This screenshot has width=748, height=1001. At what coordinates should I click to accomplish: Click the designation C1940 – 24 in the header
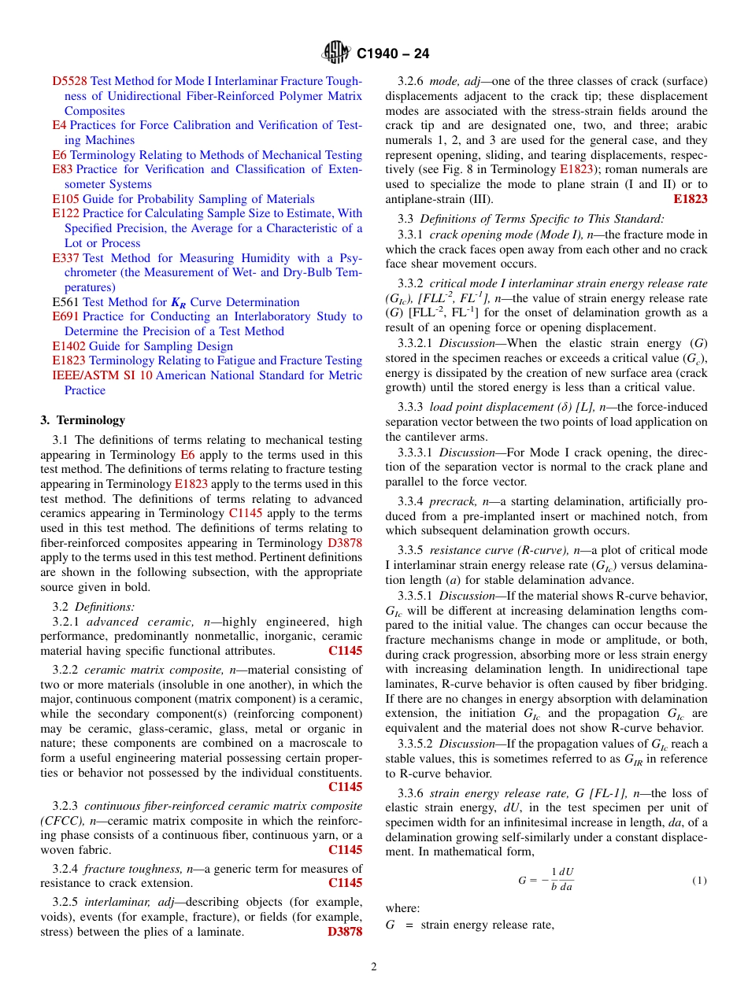coord(393,54)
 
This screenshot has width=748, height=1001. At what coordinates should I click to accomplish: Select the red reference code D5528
coord(69,81)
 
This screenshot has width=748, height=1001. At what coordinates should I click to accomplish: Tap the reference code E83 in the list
coord(62,169)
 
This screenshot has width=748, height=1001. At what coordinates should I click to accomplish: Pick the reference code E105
coord(65,199)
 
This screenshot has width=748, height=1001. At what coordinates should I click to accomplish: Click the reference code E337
coord(65,258)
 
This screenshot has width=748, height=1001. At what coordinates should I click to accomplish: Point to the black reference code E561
coord(65,302)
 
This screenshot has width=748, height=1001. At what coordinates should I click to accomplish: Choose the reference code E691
coord(65,316)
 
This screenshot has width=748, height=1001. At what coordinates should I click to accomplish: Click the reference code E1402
coord(69,346)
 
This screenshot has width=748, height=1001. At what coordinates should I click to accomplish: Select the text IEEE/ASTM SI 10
coord(102,375)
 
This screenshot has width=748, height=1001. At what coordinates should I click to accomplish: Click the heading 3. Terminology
coord(83,420)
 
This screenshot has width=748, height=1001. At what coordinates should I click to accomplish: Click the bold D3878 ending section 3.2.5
coord(344,932)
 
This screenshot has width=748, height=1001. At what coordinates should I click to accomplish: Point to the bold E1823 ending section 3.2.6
coord(691,199)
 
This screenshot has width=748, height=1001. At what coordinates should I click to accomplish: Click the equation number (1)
coord(699,880)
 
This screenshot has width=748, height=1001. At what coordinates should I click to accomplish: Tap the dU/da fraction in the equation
coord(565,880)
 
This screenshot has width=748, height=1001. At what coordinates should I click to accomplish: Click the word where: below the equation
coord(402,908)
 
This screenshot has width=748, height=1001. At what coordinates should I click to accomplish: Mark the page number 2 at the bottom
coord(374,967)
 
